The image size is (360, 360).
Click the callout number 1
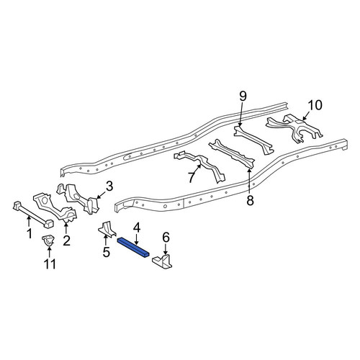pyautogui.click(x=30, y=234)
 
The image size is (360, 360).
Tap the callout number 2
pyautogui.click(x=66, y=240)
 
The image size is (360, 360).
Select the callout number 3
pyautogui.click(x=109, y=186)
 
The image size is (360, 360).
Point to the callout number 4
pyautogui.click(x=136, y=228)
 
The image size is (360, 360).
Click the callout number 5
pyautogui.click(x=106, y=252)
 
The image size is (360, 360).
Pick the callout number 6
pyautogui.click(x=166, y=238)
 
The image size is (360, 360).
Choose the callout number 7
pyautogui.click(x=192, y=178)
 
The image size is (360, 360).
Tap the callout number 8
pyautogui.click(x=250, y=201)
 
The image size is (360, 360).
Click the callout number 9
pyautogui.click(x=243, y=96)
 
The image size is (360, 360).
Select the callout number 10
pyautogui.click(x=315, y=105)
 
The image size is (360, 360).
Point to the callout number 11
pyautogui.click(x=50, y=264)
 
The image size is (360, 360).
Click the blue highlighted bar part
pyautogui.click(x=133, y=248)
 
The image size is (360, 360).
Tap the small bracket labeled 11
pyautogui.click(x=48, y=240)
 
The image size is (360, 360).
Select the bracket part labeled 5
pyautogui.click(x=107, y=229)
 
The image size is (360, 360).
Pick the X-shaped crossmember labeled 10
pyautogui.click(x=294, y=128)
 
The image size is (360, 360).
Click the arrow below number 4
pyautogui.click(x=136, y=240)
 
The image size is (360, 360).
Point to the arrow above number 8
pyautogui.click(x=250, y=181)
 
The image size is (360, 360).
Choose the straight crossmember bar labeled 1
pyautogui.click(x=33, y=215)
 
